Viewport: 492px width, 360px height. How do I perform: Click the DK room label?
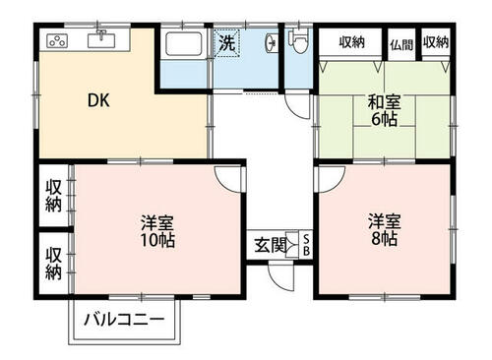pyautogui.click(x=98, y=100)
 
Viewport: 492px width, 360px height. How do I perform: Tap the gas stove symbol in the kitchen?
pyautogui.click(x=57, y=41)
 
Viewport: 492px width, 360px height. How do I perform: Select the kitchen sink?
pyautogui.click(x=101, y=39)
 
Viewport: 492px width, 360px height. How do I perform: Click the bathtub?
pyautogui.click(x=184, y=44)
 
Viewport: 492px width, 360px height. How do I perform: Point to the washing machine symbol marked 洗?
pyautogui.click(x=227, y=43)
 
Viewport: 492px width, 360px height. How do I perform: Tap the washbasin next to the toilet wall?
pyautogui.click(x=272, y=42)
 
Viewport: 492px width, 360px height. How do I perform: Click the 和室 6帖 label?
pyautogui.click(x=384, y=110)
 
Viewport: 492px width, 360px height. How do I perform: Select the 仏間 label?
pyautogui.click(x=401, y=44)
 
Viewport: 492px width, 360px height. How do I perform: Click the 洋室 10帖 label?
pyautogui.click(x=157, y=231)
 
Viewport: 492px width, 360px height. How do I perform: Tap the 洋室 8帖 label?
pyautogui.click(x=384, y=229)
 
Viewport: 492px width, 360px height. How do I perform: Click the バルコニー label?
pyautogui.click(x=124, y=320)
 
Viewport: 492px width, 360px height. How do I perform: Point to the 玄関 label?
pyautogui.click(x=270, y=245)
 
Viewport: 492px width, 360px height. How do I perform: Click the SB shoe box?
pyautogui.click(x=306, y=245)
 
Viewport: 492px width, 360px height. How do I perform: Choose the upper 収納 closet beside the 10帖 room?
pyautogui.click(x=54, y=196)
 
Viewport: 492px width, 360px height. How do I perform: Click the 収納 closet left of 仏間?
pyautogui.click(x=350, y=42)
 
